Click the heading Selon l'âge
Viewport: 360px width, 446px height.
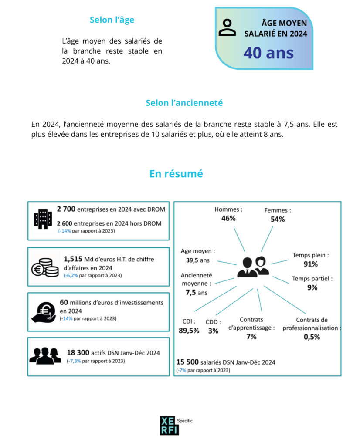click(112, 20)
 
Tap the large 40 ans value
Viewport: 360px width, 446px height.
click(268, 53)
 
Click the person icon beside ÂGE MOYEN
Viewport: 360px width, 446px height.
click(227, 27)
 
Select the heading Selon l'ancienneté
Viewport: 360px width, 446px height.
click(184, 103)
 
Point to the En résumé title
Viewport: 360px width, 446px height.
click(176, 173)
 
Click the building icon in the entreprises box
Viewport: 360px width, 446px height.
click(43, 219)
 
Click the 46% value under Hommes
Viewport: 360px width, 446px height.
click(228, 218)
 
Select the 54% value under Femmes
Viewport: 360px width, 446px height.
click(278, 219)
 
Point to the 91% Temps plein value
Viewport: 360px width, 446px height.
click(310, 264)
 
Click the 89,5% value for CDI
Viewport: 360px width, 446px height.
click(189, 331)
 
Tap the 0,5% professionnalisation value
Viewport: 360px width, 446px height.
click(312, 337)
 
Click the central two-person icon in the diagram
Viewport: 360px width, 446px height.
click(253, 267)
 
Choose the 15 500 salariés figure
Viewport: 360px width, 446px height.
click(189, 362)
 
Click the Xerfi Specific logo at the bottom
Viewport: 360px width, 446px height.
click(170, 425)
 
